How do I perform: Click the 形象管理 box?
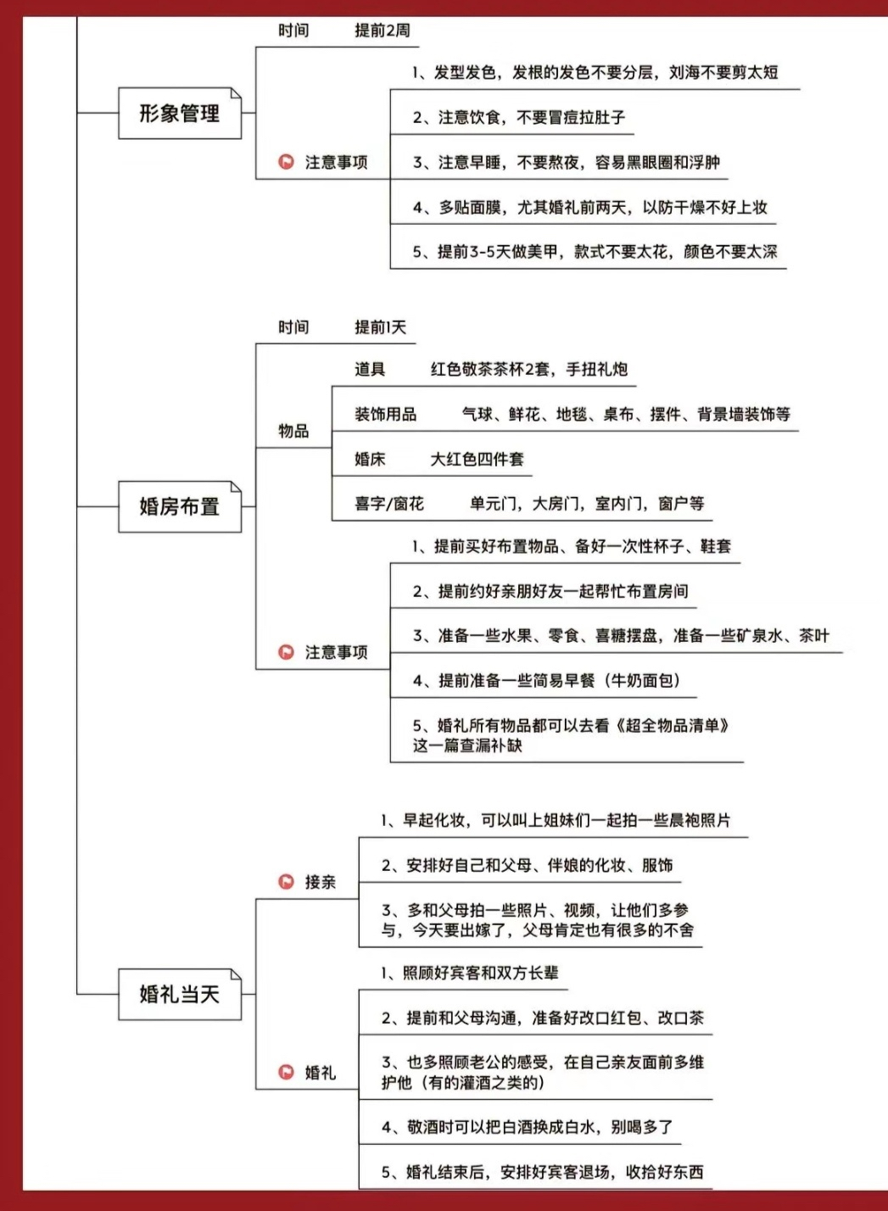pos(180,113)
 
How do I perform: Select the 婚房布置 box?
pos(180,506)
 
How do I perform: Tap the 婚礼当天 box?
pos(180,994)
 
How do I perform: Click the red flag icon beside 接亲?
pos(286,882)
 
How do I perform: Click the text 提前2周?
pos(383,31)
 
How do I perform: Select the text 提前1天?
pos(380,327)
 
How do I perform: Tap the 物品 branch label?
pos(293,431)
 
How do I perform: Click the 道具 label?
pos(370,369)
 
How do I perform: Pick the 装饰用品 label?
pos(386,414)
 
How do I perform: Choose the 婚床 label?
pos(370,459)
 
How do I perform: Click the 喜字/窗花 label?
pos(389,504)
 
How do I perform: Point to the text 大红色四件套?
pos(477,459)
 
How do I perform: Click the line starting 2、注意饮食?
pos(519,117)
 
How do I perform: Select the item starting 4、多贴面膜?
pos(590,207)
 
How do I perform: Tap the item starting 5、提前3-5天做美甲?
pos(595,251)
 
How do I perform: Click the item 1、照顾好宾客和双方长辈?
pos(470,974)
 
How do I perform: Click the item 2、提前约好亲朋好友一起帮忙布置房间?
pos(550,591)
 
